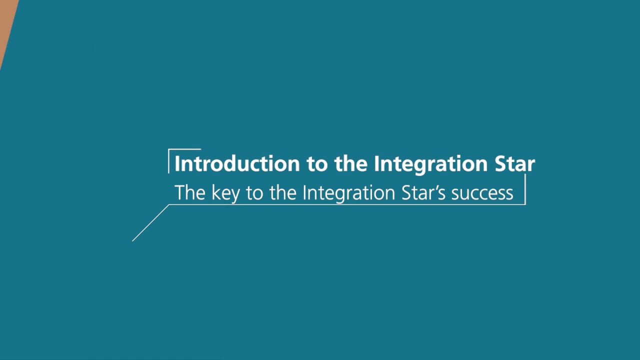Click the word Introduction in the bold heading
click(236, 164)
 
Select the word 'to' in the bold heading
click(317, 164)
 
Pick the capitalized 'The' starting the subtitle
click(189, 192)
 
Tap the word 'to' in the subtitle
click(254, 193)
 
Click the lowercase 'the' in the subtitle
click(283, 192)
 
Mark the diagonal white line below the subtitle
click(150, 223)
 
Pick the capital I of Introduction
click(177, 164)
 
